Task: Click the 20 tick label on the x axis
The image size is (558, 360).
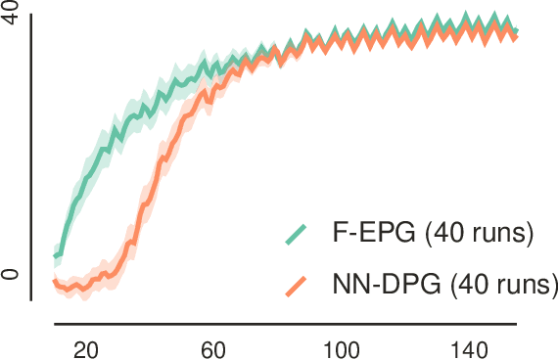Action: (x=85, y=348)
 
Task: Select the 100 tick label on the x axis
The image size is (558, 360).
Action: (x=342, y=348)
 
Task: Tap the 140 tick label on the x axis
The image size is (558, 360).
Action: (x=470, y=348)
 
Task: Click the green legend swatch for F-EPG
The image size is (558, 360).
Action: (x=295, y=234)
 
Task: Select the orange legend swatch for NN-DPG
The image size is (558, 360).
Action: (x=295, y=286)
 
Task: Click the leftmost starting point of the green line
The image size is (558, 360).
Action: (x=55, y=257)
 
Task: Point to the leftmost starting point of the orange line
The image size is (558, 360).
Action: (x=55, y=282)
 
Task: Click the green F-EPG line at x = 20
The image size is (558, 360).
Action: (x=85, y=178)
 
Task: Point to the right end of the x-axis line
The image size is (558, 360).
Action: (x=518, y=323)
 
